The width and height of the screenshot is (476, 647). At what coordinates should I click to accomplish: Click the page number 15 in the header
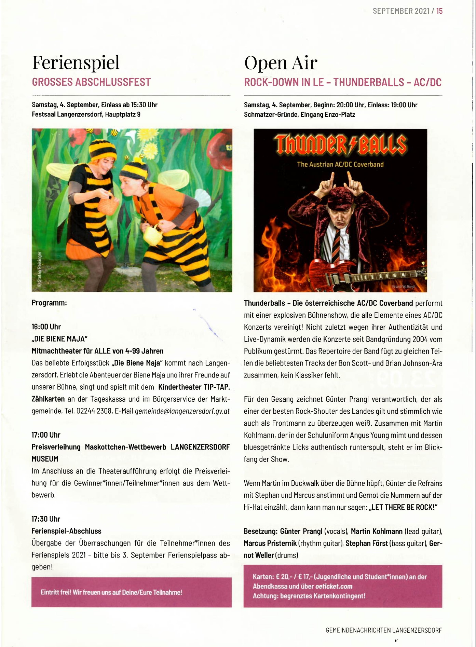click(x=439, y=11)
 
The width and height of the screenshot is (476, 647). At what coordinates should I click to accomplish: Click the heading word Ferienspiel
click(x=76, y=62)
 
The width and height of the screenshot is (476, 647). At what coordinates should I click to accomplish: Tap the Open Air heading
click(x=281, y=63)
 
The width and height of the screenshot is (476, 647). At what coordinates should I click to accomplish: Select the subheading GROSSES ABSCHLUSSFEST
click(x=91, y=82)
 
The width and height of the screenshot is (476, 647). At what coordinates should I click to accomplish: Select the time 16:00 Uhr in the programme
click(x=46, y=327)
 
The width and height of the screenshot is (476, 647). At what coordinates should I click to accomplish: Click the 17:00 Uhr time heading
click(x=46, y=435)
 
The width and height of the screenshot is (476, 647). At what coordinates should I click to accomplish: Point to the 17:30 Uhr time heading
click(x=46, y=519)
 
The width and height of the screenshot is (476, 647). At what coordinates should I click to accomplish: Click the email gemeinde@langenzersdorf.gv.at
click(x=182, y=411)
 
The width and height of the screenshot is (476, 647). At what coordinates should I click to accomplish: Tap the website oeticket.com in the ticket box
click(x=334, y=586)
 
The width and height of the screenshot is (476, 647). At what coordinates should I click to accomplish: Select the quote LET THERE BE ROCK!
click(x=403, y=507)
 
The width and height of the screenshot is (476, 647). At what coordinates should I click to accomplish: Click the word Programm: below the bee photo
click(x=49, y=303)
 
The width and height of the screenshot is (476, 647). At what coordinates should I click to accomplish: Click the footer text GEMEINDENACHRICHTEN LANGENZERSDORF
click(x=383, y=630)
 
